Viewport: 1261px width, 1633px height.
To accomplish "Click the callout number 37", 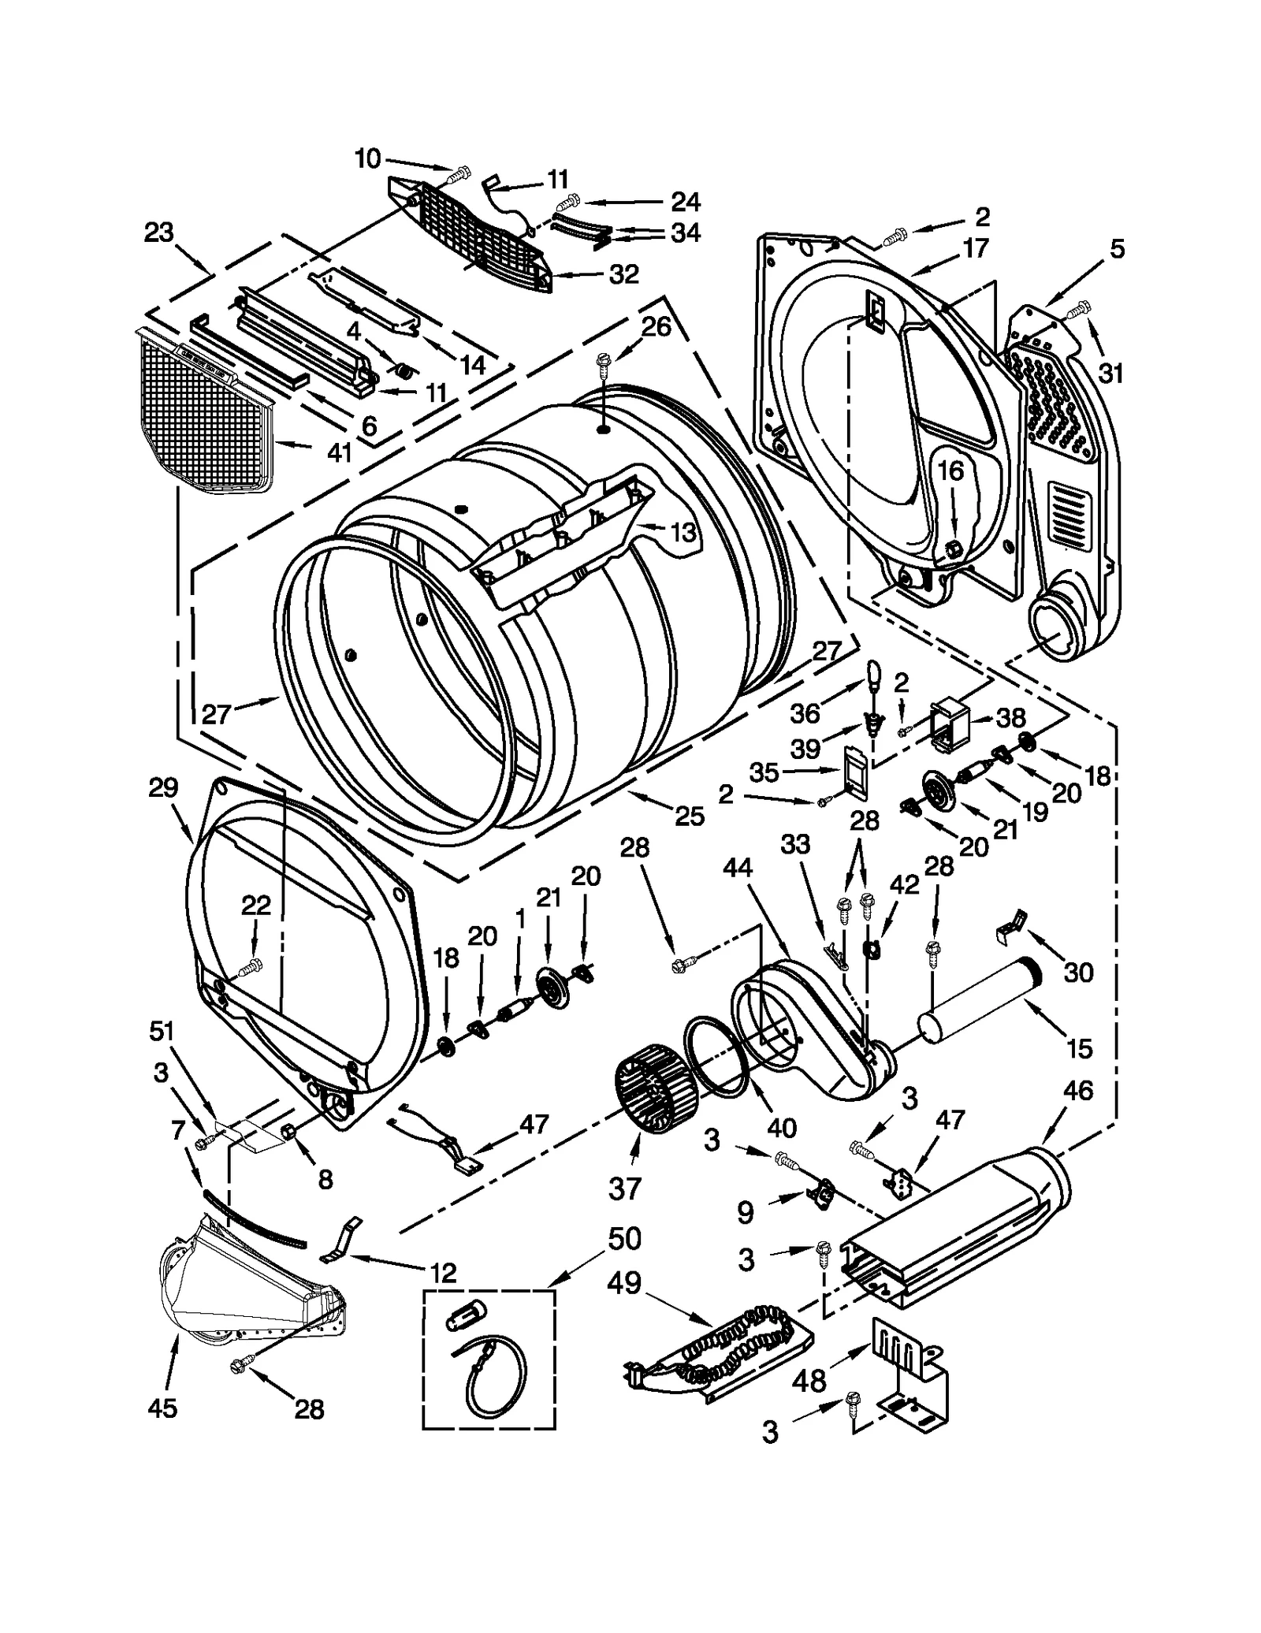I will click(x=623, y=1188).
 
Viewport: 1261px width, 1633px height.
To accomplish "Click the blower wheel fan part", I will click(x=656, y=1092).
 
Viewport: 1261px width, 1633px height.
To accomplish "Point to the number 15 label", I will click(x=1079, y=1048).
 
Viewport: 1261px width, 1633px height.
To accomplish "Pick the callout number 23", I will click(x=158, y=233).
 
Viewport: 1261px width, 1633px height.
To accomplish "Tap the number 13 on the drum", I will click(x=683, y=533).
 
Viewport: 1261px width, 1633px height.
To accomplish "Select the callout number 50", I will click(x=623, y=1239).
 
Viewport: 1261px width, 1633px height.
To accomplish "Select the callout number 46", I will click(x=1077, y=1091).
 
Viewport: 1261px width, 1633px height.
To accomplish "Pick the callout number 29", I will click(x=163, y=787).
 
